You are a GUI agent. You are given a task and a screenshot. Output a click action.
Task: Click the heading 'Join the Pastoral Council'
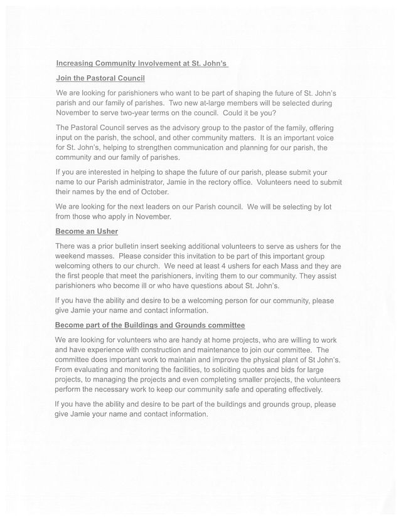point(100,78)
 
